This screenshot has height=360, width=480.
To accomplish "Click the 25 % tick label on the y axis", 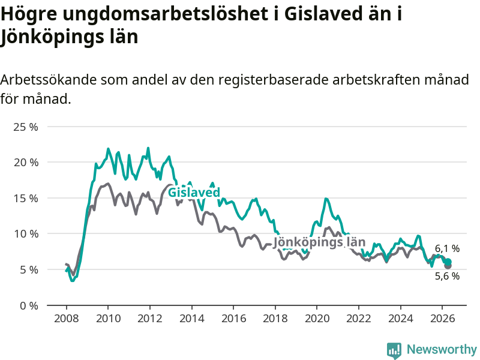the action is point(26,127).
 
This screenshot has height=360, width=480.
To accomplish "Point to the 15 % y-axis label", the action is point(26,199).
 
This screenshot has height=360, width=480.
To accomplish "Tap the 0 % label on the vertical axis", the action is point(29,306).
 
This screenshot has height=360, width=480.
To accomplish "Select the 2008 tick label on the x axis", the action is point(67,319).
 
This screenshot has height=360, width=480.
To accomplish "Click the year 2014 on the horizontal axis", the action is point(191,319).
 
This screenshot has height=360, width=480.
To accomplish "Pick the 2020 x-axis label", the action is point(317,319).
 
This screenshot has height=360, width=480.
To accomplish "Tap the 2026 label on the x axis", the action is point(442,319).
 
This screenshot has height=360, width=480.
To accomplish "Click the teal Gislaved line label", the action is point(194,193).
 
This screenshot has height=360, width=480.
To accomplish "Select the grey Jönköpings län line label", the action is point(319,242).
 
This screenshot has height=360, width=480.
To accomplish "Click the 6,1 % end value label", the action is point(447,248).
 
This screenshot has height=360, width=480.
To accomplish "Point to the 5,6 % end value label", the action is point(447,276).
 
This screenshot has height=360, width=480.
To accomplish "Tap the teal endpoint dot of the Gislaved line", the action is point(448,262).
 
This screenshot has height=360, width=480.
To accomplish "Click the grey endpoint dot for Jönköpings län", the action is point(448,266).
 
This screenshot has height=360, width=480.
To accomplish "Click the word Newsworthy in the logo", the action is point(442,349).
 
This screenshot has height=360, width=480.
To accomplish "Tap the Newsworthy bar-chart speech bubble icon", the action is point(394,350).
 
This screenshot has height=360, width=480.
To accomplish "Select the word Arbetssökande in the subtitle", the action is point(49,80).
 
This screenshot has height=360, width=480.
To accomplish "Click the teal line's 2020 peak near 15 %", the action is point(326,199).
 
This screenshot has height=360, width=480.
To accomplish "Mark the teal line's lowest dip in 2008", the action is point(72,280).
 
